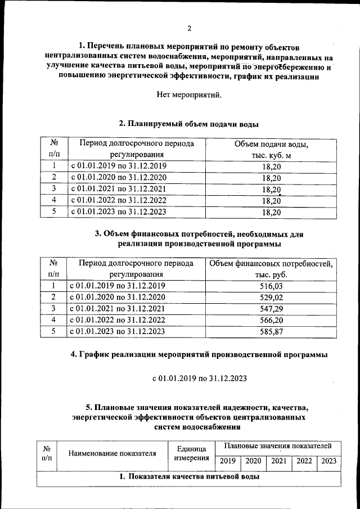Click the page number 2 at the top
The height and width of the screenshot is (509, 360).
pos(190,29)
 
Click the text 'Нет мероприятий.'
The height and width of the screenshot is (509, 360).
pos(189,94)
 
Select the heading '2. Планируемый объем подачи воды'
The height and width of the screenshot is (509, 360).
pos(189,124)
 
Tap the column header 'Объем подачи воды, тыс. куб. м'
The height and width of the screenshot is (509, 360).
pos(272,149)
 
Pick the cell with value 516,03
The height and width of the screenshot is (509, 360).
pos(272,286)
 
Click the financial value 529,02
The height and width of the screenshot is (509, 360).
pos(272,297)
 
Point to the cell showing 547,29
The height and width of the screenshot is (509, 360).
pos(272,309)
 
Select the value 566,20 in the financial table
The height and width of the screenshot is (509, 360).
pos(272,320)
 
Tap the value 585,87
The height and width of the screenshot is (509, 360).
pos(272,331)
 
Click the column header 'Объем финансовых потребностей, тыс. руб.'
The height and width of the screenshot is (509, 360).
pos(272,269)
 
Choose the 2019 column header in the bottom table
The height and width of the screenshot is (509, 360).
pos(227,461)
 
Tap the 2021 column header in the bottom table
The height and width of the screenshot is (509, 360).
pos(278,461)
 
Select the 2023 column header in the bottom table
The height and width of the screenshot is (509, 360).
pos(329,461)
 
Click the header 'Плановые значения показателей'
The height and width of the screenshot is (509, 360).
pos(277,445)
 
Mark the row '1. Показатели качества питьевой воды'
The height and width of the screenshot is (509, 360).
pos(189,477)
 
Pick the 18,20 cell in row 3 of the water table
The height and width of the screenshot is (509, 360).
pos(272,189)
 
